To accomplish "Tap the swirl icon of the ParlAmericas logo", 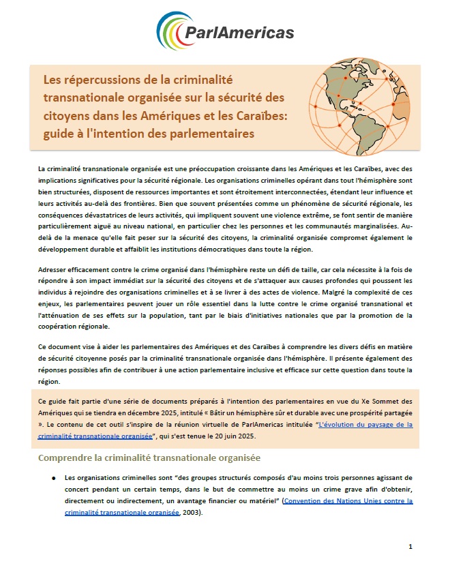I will [172, 31].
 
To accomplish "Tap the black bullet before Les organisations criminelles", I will [53, 478].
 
